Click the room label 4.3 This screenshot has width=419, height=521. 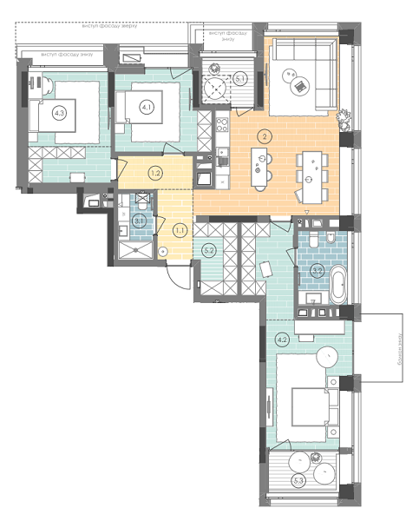pyautogui.click(x=59, y=112)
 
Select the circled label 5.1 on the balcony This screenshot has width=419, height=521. pyautogui.click(x=241, y=79)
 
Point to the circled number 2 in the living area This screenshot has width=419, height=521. pyautogui.click(x=265, y=135)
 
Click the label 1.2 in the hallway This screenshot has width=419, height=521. pyautogui.click(x=155, y=173)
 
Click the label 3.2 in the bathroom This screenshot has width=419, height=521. pyautogui.click(x=318, y=270)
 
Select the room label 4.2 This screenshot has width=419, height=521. pyautogui.click(x=283, y=340)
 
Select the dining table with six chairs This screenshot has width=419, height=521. pyautogui.click(x=311, y=168)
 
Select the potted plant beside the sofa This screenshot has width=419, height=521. pyautogui.click(x=345, y=115)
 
